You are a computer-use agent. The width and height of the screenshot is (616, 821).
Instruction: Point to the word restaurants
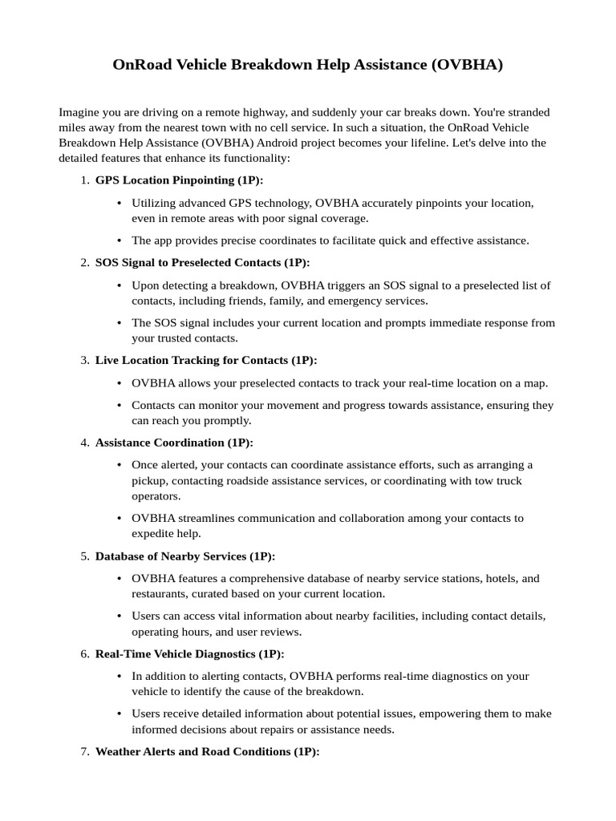tap(160, 593)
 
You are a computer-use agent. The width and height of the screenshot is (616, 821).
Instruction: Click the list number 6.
tap(84, 653)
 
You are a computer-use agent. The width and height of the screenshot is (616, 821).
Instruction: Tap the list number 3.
tap(84, 360)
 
